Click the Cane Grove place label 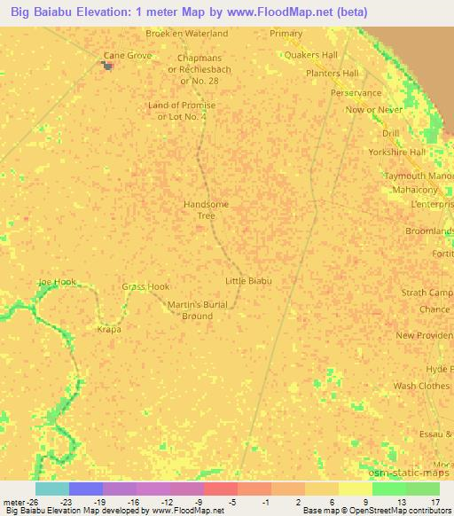tap(128, 55)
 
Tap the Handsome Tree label tap(206, 209)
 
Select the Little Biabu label tap(248, 281)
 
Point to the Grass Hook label tap(145, 286)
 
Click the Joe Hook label tap(58, 282)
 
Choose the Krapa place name tap(108, 329)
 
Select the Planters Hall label tap(332, 73)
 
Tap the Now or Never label tap(374, 109)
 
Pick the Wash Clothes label tap(422, 387)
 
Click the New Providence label tap(424, 335)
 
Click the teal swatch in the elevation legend tap(51, 489)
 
